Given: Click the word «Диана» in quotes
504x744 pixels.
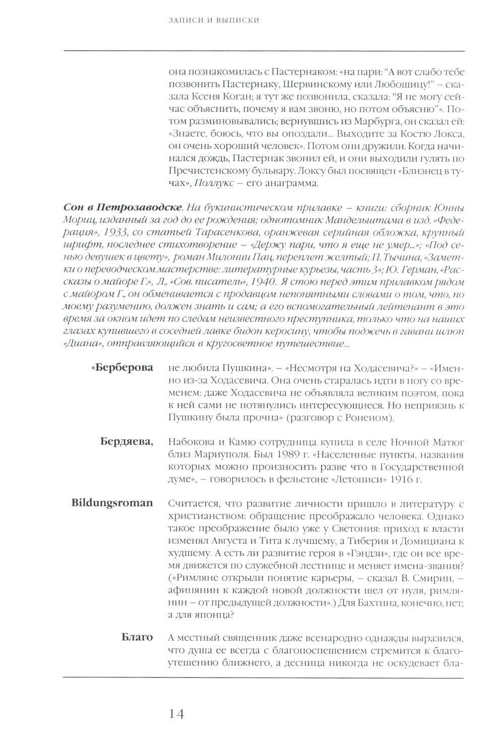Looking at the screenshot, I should pos(78,345).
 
